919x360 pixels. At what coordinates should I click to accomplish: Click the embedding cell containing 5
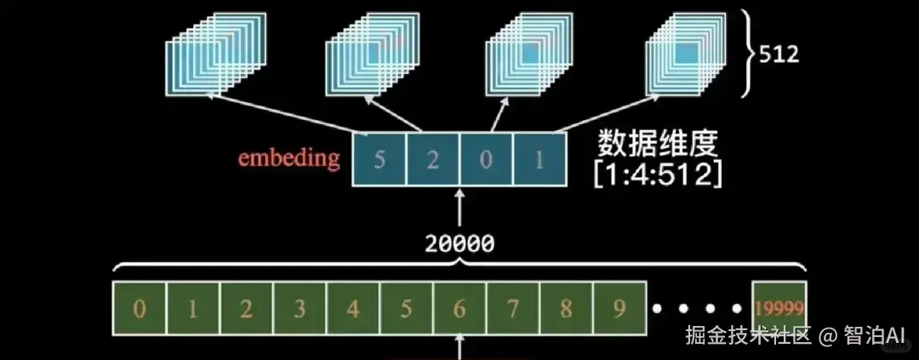380,159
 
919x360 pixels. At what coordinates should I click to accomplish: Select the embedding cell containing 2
432,159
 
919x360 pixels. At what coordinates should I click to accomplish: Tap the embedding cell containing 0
486,159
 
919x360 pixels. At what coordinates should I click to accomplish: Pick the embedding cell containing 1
539,159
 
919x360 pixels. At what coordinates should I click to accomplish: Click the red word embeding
289,157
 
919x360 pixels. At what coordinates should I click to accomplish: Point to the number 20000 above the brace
460,244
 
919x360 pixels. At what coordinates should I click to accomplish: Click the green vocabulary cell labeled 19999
779,308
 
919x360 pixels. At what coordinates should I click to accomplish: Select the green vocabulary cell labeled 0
139,308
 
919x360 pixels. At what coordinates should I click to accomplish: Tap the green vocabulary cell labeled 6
459,308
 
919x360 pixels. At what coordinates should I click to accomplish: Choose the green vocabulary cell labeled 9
619,308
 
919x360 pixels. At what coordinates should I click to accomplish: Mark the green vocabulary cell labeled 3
300,308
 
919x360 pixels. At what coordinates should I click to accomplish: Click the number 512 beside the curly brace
779,54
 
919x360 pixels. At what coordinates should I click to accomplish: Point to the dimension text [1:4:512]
657,174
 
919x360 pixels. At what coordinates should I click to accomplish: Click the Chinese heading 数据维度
657,143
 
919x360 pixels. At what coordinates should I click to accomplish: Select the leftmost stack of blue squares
215,54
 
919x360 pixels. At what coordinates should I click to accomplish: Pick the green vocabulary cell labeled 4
353,308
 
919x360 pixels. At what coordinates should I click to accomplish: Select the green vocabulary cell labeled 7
513,308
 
